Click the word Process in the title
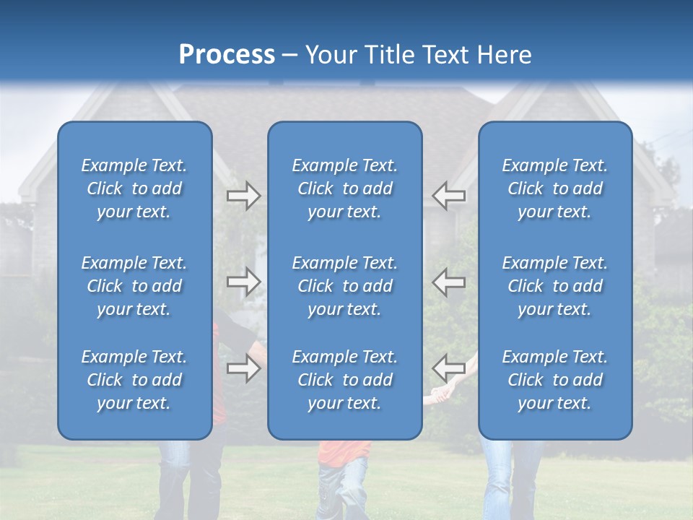(227, 55)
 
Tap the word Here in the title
(502, 55)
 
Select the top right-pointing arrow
(244, 196)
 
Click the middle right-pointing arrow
(244, 282)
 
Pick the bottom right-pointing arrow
(244, 368)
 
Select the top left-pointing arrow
(448, 196)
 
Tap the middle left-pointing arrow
(448, 282)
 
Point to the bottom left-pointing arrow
(448, 368)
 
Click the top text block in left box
(134, 188)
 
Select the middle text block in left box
(134, 286)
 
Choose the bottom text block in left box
(134, 380)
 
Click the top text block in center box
(345, 188)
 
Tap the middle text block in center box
(345, 286)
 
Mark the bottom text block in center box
(345, 380)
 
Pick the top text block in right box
(555, 188)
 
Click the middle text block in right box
(555, 286)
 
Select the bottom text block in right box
(555, 380)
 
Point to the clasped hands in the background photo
(440, 394)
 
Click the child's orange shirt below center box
(344, 453)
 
